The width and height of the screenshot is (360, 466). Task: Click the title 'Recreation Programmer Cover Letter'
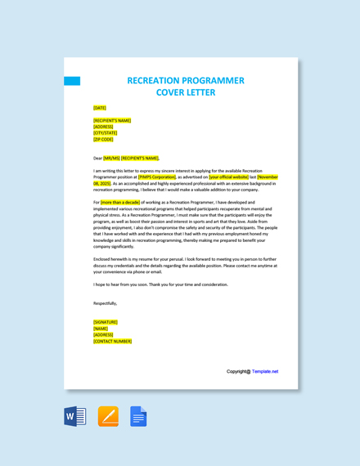186,87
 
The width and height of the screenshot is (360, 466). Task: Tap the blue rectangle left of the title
72,81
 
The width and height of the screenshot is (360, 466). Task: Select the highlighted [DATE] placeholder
100,107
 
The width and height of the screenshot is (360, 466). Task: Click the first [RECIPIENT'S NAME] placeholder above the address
112,120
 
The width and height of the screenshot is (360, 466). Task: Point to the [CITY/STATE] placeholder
105,133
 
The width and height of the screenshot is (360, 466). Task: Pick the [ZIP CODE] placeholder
103,140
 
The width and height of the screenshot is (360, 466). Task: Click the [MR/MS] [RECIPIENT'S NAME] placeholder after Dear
131,158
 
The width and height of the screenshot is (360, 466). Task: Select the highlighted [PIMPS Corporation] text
157,177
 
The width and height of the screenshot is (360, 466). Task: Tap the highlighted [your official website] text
228,177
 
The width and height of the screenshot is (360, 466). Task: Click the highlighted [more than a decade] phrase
120,202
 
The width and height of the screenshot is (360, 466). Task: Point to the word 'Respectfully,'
106,303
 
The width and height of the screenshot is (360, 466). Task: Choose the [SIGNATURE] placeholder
106,322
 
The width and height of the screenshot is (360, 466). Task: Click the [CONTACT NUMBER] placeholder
112,341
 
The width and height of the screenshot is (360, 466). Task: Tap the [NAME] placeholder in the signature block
101,329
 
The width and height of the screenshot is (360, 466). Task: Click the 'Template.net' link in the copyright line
265,371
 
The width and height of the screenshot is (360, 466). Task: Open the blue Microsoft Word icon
75,416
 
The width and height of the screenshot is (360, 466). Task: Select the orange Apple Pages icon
108,416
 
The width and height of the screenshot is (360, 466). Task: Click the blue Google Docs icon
138,416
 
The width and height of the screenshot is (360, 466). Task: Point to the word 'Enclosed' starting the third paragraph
101,259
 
